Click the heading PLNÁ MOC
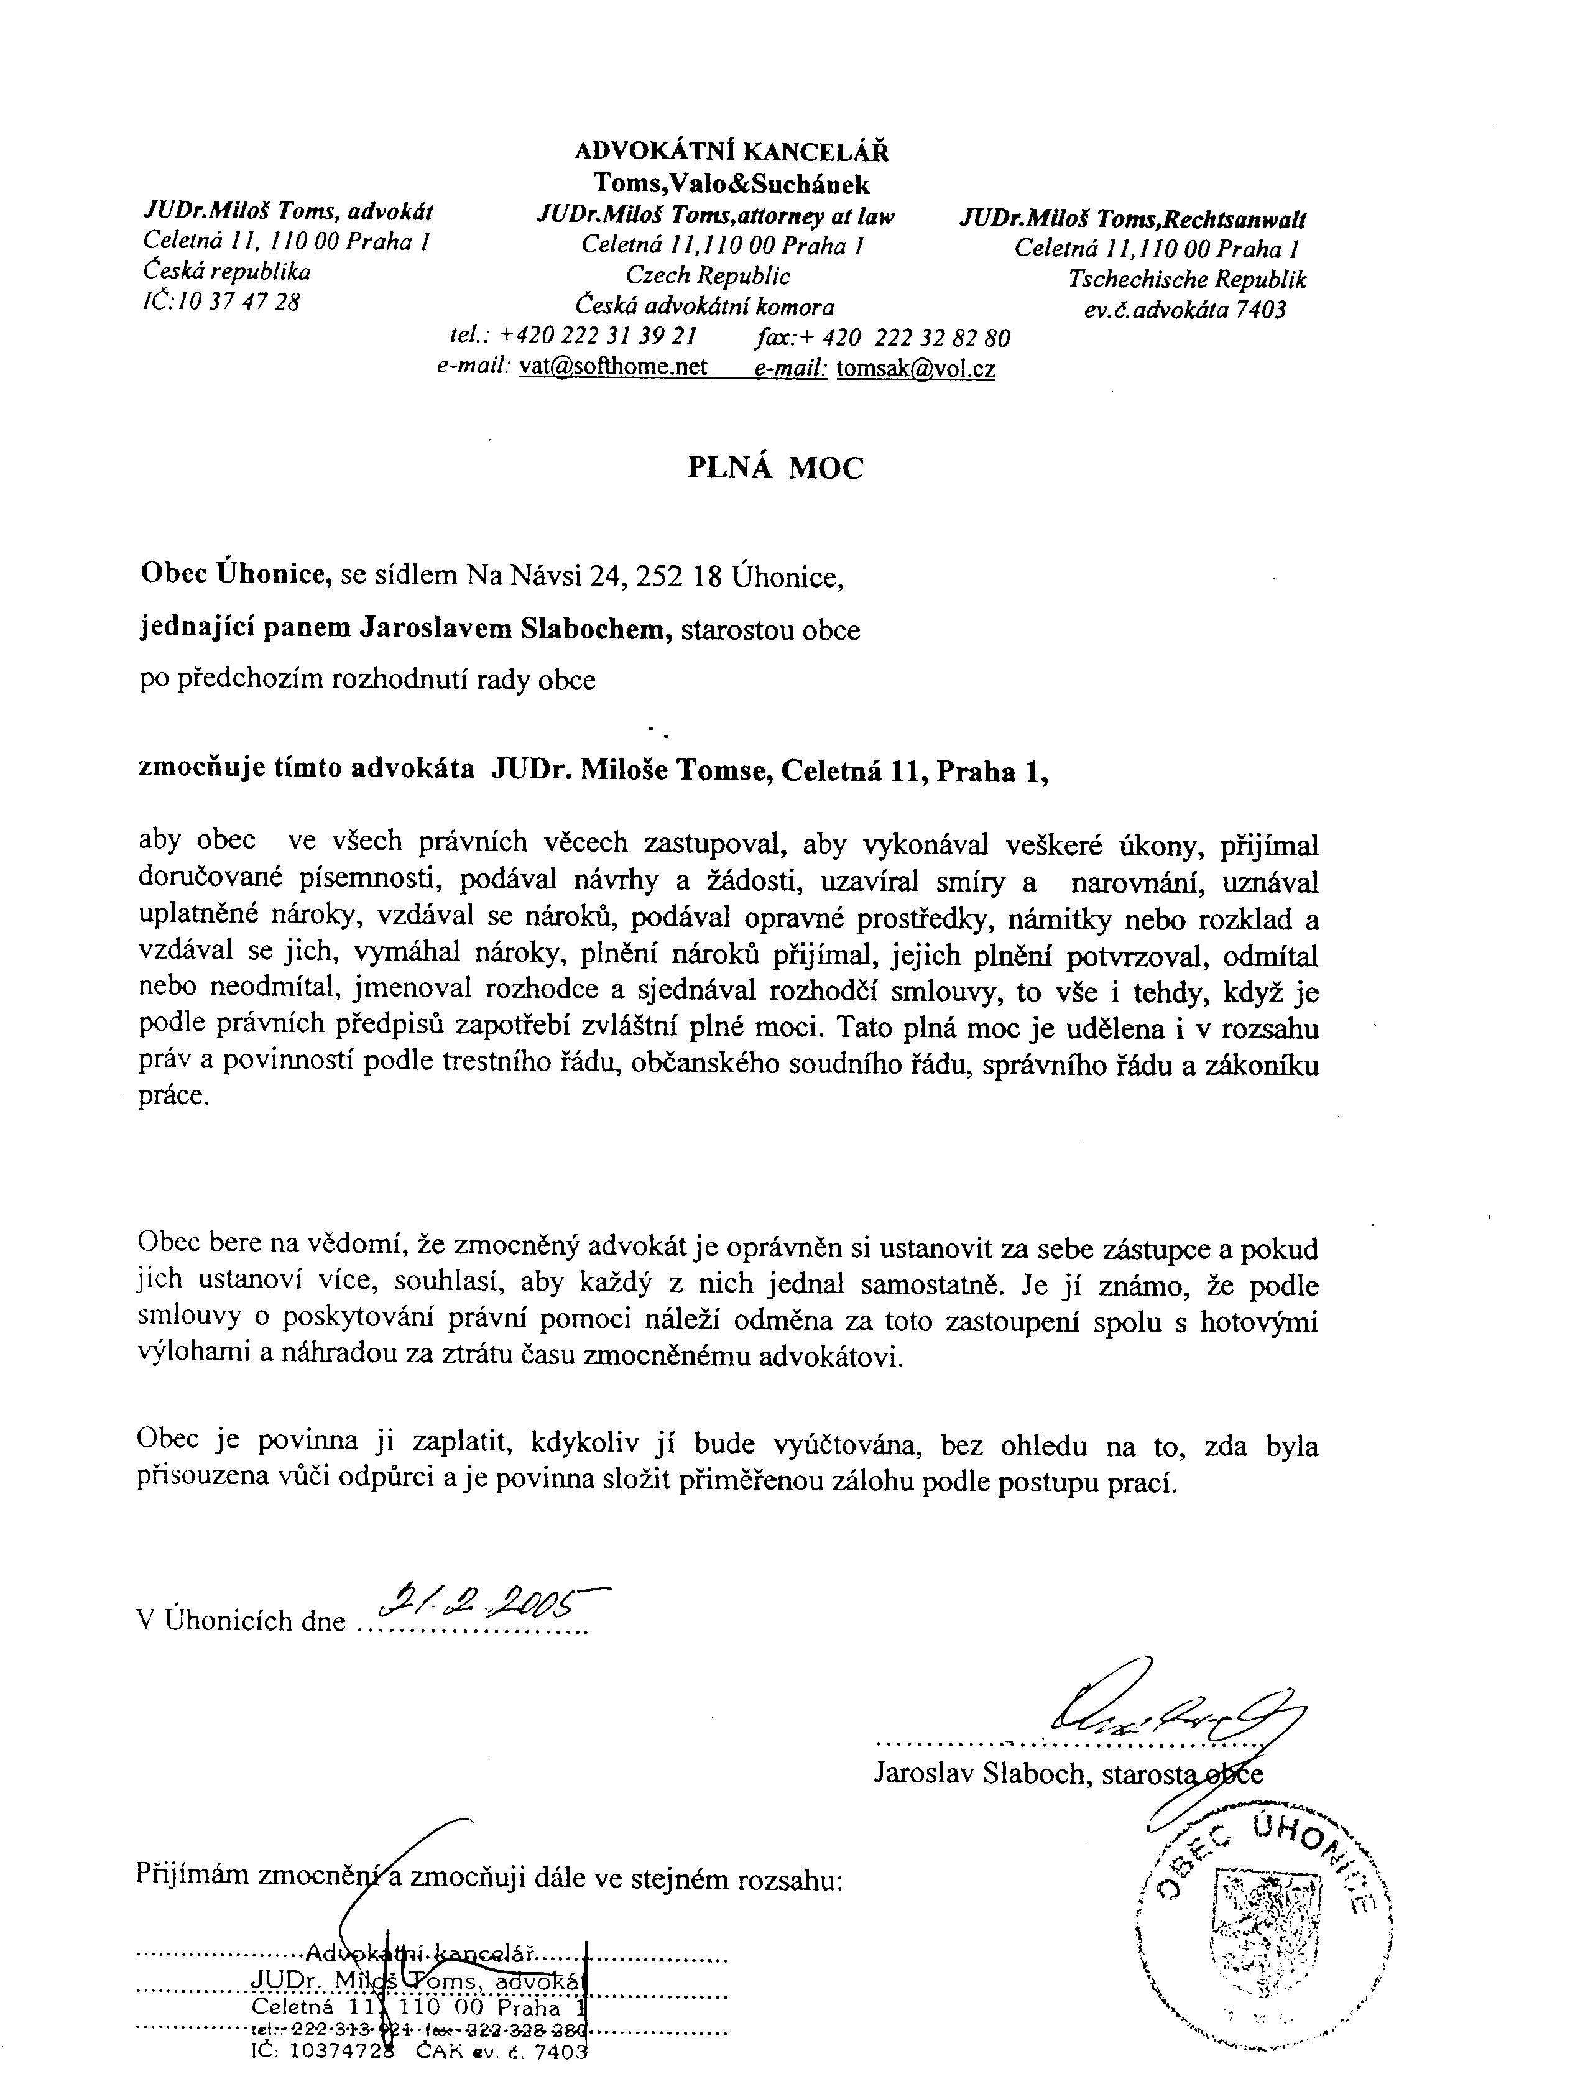pyautogui.click(x=775, y=468)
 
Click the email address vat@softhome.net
pyautogui.click(x=614, y=367)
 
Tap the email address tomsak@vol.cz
pyautogui.click(x=915, y=369)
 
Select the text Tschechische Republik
pyautogui.click(x=1187, y=280)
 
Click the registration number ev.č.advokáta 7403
pyautogui.click(x=1185, y=310)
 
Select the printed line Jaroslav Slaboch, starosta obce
pyautogui.click(x=1068, y=1772)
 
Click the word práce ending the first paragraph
pyautogui.click(x=170, y=1097)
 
